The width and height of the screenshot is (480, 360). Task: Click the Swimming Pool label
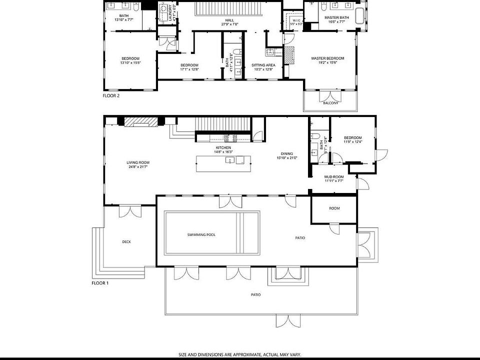(201, 234)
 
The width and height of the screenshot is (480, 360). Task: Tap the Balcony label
(330, 103)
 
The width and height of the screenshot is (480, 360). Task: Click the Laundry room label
(170, 11)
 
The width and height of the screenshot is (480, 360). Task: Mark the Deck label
(126, 242)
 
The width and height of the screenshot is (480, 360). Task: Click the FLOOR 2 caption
(111, 95)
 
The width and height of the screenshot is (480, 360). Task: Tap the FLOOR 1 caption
(100, 283)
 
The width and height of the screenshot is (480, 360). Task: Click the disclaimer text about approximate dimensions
(240, 354)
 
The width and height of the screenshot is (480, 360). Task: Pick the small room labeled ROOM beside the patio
(334, 208)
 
